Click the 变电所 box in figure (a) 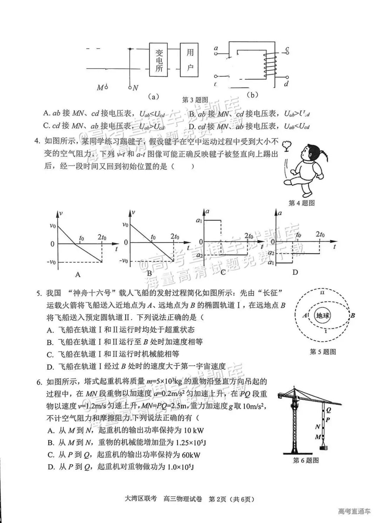[159, 60]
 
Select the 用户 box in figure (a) [190, 60]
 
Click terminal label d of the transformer [286, 84]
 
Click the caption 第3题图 [195, 100]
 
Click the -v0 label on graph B [124, 261]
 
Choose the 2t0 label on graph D [320, 234]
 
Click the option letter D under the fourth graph [295, 272]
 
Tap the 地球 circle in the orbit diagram [323, 315]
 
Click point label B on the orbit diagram [353, 315]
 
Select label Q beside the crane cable [328, 409]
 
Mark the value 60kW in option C [191, 455]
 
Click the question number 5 [39, 293]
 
